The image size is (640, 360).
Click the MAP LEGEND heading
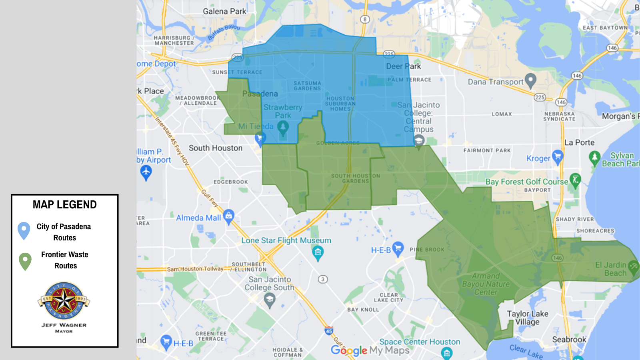click(x=65, y=205)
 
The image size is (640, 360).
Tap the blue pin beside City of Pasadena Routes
click(x=24, y=230)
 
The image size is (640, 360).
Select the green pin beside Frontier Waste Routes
click(x=25, y=261)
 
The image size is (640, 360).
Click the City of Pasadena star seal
click(x=64, y=300)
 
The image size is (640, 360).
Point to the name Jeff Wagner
click(x=64, y=325)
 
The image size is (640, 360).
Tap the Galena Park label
click(x=224, y=12)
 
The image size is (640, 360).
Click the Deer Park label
click(x=403, y=66)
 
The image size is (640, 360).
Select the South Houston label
click(x=216, y=148)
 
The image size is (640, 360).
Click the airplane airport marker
click(x=146, y=172)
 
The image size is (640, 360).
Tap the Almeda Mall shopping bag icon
click(x=228, y=216)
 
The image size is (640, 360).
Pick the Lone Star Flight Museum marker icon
click(x=318, y=252)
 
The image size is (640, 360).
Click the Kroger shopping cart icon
click(x=557, y=156)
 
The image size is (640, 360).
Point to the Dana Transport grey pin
click(x=530, y=80)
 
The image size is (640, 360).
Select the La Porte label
click(x=579, y=142)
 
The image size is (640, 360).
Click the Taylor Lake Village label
click(x=528, y=318)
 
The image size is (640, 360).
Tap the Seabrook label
click(x=569, y=340)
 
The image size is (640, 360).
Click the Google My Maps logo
click(x=370, y=350)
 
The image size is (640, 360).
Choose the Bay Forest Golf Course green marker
click(x=575, y=180)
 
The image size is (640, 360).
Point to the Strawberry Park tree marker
click(x=283, y=128)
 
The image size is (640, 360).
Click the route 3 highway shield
click(x=323, y=279)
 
